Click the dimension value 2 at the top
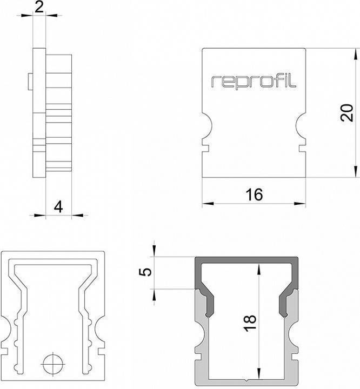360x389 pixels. tap(39, 7)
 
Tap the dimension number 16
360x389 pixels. tap(254, 194)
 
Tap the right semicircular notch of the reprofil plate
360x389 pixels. tap(301, 125)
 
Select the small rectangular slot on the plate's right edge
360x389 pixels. tap(303, 146)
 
